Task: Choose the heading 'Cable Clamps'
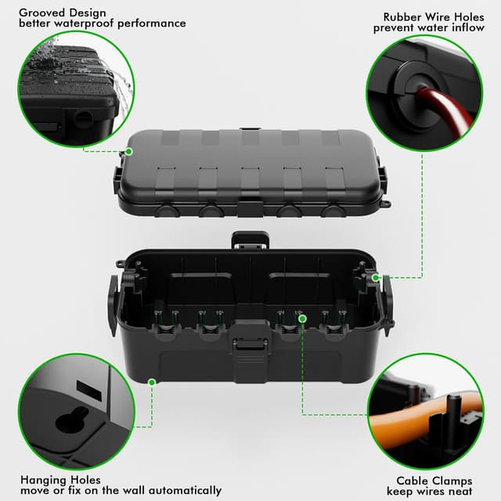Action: [x=434, y=480]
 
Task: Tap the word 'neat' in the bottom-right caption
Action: [x=460, y=491]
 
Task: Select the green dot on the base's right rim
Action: [x=376, y=277]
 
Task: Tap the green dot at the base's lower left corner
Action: [x=152, y=383]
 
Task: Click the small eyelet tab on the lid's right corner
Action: [x=384, y=204]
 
